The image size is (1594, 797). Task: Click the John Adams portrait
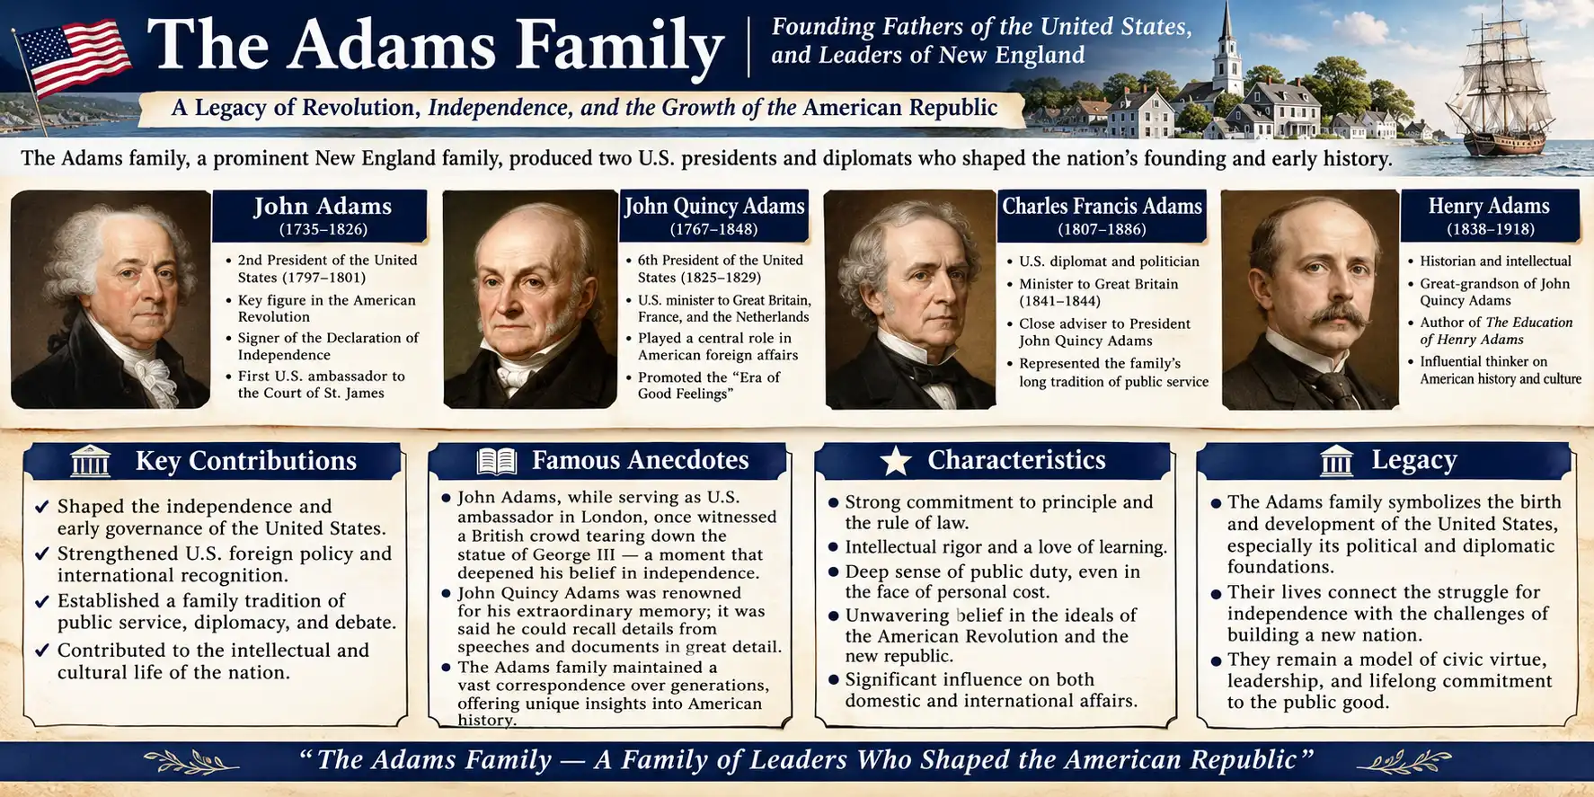click(111, 299)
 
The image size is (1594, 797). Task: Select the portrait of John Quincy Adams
click(530, 299)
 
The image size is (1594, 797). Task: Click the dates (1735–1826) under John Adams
click(323, 229)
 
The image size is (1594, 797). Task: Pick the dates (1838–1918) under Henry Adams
click(1490, 229)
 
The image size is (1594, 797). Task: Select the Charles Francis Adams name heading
click(1102, 206)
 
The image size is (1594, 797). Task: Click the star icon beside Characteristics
click(895, 461)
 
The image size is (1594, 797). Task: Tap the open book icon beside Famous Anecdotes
click(496, 461)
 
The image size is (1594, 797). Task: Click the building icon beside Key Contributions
click(90, 461)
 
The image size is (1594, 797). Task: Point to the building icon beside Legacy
click(1337, 461)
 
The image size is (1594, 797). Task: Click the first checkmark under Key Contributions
click(41, 507)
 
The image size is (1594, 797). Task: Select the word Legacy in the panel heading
click(1413, 461)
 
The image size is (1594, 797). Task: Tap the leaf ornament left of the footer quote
click(190, 762)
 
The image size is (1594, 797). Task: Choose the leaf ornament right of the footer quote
click(1403, 762)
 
